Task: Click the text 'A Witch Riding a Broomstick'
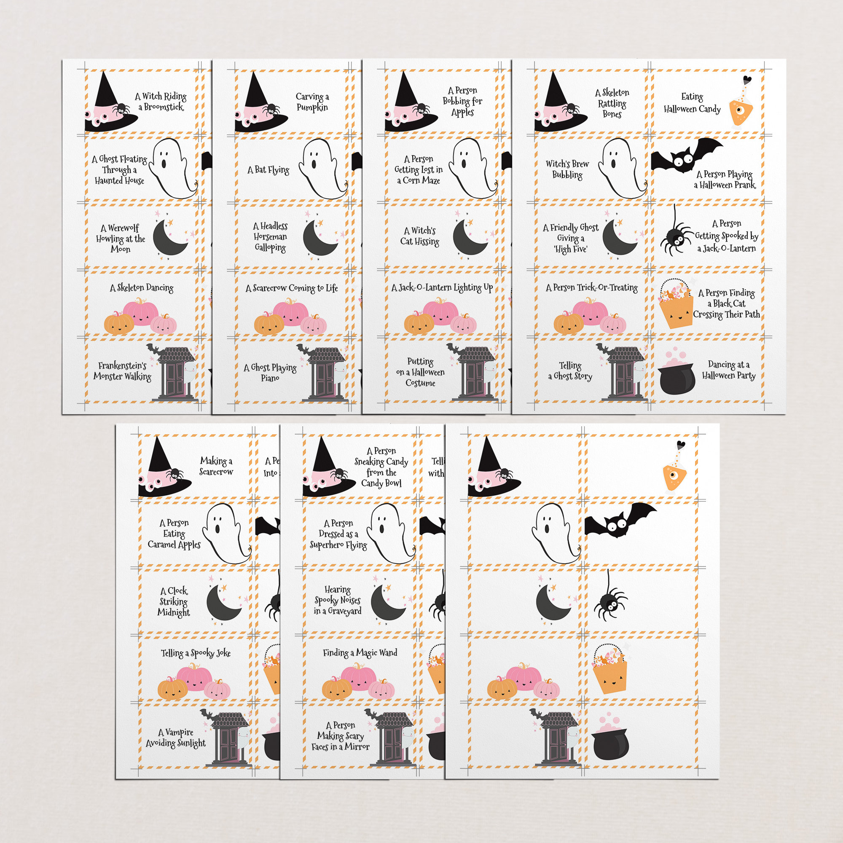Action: point(161,102)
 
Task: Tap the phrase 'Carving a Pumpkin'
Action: point(312,102)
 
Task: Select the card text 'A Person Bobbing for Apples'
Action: point(462,101)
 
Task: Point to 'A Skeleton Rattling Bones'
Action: point(612,103)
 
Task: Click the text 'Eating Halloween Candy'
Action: point(692,103)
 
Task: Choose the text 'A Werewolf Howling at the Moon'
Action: point(121,238)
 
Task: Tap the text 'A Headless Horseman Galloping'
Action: point(270,237)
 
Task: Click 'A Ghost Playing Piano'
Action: point(270,372)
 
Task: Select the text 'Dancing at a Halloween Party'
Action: point(728,370)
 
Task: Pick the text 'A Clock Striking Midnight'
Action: point(174,602)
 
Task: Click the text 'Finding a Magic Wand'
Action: point(360,653)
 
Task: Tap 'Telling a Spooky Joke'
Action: point(196,653)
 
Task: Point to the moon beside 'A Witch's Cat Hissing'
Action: point(469,239)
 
